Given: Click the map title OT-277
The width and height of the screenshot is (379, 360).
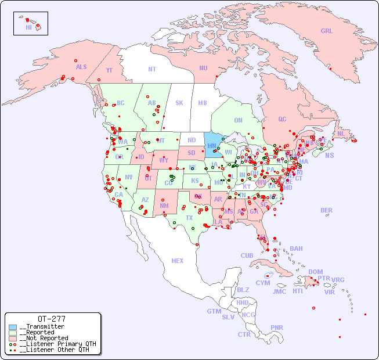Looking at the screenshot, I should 51,319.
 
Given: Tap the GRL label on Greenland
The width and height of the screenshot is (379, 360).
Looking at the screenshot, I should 327,31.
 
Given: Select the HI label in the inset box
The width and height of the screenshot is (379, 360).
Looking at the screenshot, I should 28,27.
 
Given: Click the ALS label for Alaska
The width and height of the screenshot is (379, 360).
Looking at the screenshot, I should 81,67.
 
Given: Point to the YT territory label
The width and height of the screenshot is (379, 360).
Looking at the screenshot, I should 109,70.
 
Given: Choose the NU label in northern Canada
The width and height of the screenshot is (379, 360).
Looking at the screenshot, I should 203,68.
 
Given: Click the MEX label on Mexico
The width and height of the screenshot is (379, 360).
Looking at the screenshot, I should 177,261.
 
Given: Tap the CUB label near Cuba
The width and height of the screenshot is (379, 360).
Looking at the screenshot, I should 247,255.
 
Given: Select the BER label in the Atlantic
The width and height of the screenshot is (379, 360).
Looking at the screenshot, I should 326,210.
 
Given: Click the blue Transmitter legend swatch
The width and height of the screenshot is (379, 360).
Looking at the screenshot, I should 13,327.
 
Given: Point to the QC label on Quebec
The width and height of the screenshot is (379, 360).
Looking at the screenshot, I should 282,120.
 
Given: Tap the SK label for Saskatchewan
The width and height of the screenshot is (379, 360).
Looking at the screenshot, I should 179,103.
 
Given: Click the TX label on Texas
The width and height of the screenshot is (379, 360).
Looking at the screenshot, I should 189,218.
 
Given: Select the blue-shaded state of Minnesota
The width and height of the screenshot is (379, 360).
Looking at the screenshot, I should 212,145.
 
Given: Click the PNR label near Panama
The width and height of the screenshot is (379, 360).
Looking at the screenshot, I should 277,327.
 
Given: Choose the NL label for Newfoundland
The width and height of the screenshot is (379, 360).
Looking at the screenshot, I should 341,134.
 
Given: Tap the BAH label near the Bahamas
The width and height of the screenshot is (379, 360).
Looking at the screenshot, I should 296,249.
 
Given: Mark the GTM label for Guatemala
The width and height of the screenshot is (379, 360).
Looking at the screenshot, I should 214,311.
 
